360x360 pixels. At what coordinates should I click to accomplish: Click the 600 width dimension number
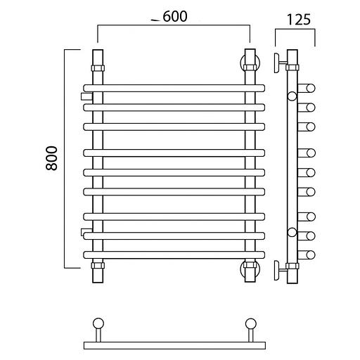coord(175,16)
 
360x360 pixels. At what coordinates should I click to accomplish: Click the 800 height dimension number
coord(51,158)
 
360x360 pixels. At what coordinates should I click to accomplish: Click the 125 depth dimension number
coord(299,20)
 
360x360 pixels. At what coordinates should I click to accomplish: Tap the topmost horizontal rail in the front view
coord(174,88)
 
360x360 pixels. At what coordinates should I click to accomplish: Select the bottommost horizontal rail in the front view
coord(174,255)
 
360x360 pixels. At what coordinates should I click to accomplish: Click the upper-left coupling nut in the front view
coord(98,68)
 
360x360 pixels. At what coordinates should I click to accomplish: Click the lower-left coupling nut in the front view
coord(98,266)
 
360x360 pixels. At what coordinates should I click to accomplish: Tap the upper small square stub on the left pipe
coord(86,96)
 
